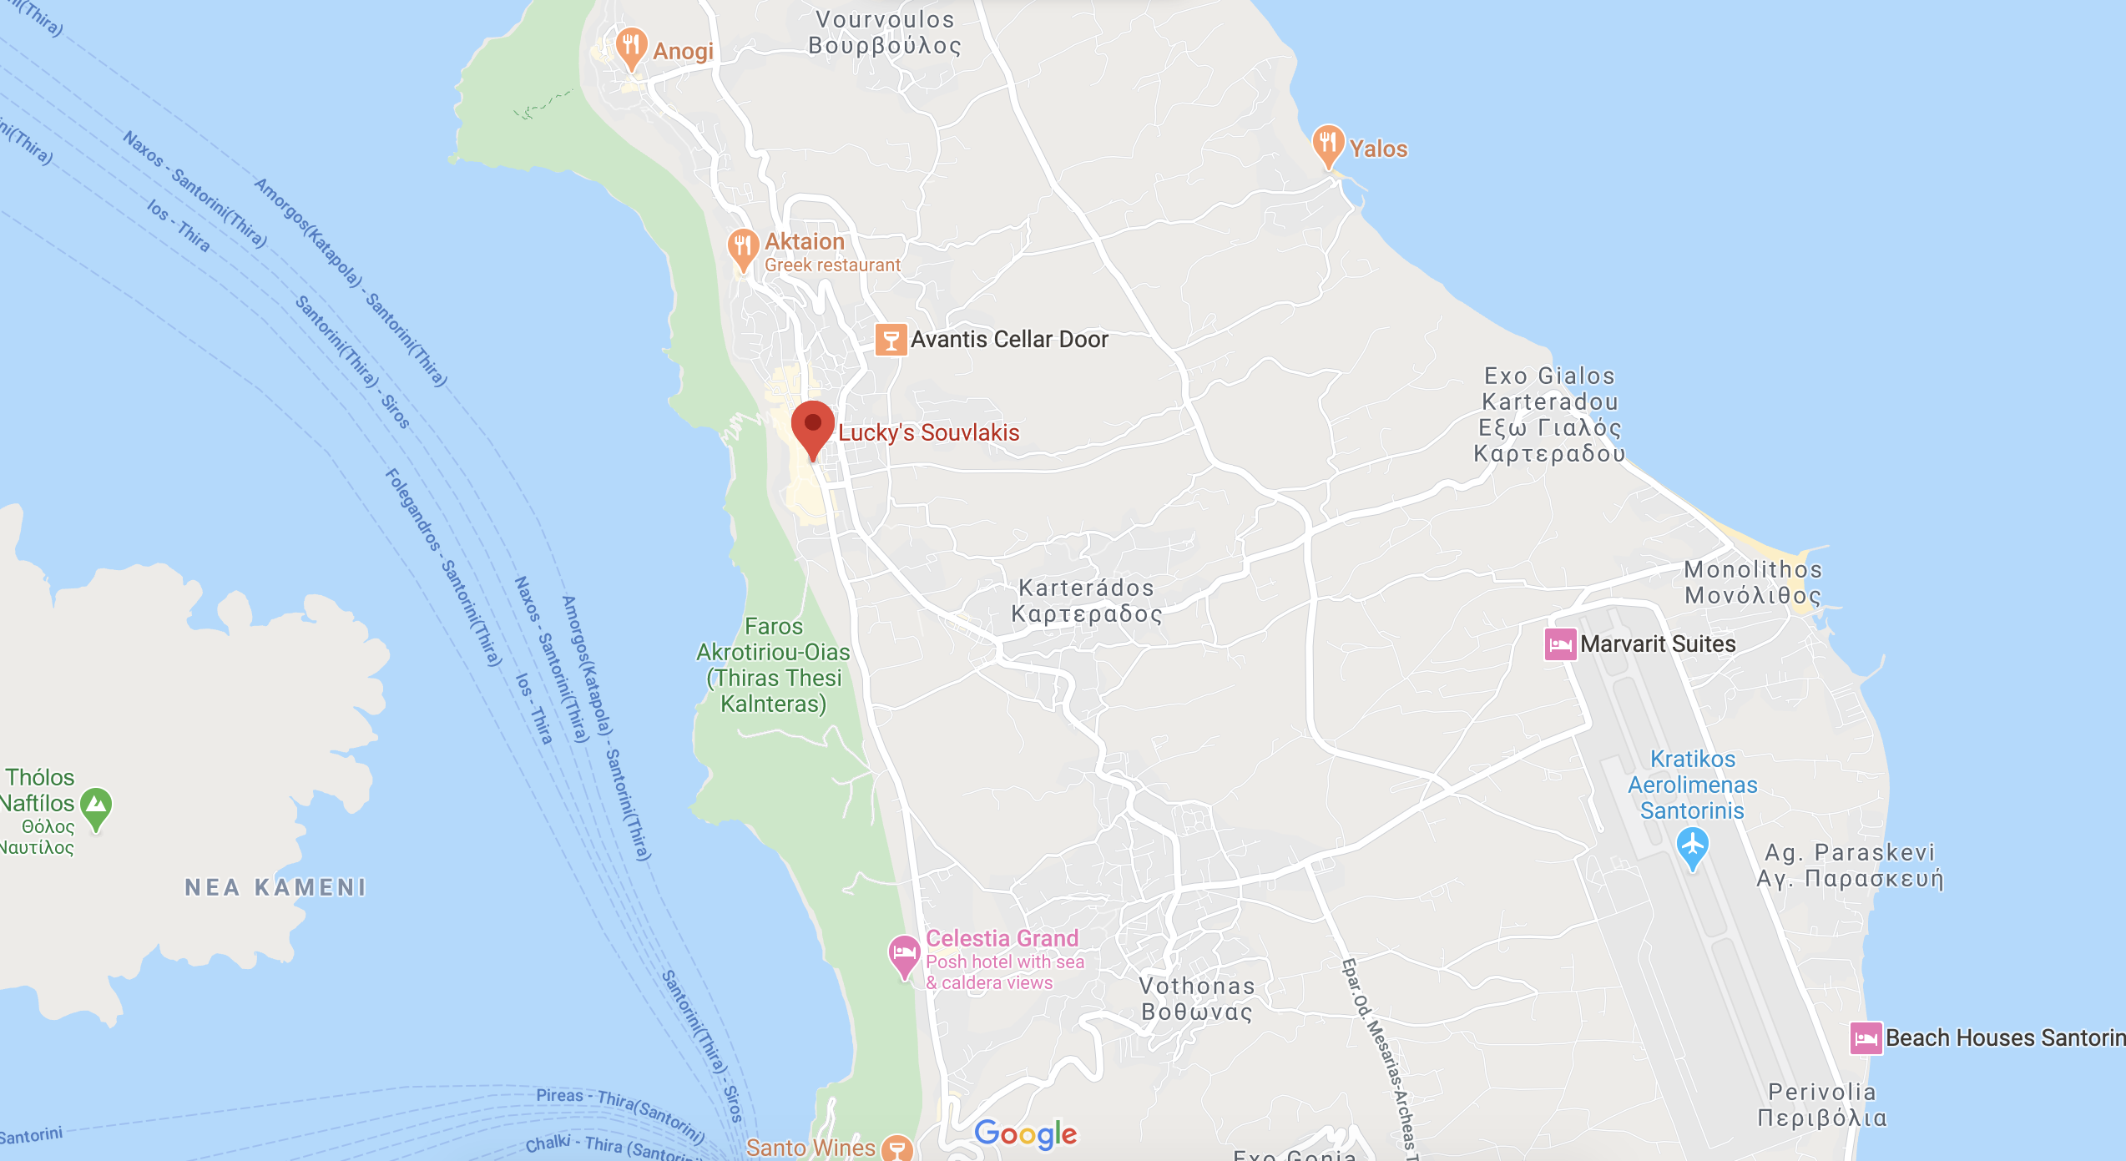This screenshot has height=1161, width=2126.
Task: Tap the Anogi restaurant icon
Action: [x=631, y=46]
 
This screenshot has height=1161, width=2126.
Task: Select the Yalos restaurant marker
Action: [x=1327, y=144]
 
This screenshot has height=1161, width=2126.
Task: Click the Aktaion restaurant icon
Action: [x=742, y=247]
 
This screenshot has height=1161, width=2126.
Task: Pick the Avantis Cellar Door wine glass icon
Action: [x=891, y=340]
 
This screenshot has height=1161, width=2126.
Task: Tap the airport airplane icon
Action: [x=1692, y=846]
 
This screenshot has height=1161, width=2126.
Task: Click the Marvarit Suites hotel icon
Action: [x=1560, y=644]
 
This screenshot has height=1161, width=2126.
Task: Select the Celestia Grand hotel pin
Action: [x=904, y=954]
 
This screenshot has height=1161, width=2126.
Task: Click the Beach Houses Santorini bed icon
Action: [x=1866, y=1038]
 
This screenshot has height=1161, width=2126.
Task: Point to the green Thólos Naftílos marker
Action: [x=97, y=806]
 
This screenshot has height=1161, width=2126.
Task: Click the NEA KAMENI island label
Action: [x=275, y=887]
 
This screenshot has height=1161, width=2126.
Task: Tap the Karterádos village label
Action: [x=1086, y=601]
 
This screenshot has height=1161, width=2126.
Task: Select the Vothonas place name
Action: [x=1197, y=999]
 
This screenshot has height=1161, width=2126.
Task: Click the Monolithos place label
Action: [x=1753, y=583]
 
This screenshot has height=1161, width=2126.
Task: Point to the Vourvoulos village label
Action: [x=885, y=33]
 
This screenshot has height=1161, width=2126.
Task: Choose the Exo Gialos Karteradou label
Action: [x=1550, y=415]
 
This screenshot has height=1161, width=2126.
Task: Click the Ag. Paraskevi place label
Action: [x=1850, y=866]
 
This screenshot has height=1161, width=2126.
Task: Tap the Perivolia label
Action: [x=1822, y=1105]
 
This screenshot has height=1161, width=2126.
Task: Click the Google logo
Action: [x=1026, y=1133]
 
